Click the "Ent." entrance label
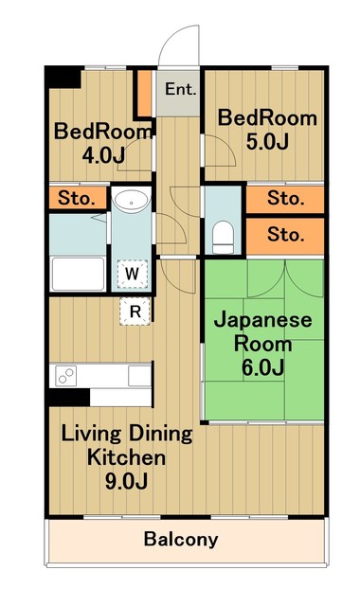point(180,90)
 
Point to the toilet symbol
point(224,234)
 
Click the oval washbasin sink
point(131,200)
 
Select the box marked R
point(135,310)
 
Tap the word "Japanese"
point(261,320)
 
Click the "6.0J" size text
point(261,365)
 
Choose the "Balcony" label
point(181,541)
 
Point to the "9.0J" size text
point(127,481)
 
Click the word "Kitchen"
point(127,458)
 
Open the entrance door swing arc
point(178,45)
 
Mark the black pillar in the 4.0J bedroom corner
point(64,78)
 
